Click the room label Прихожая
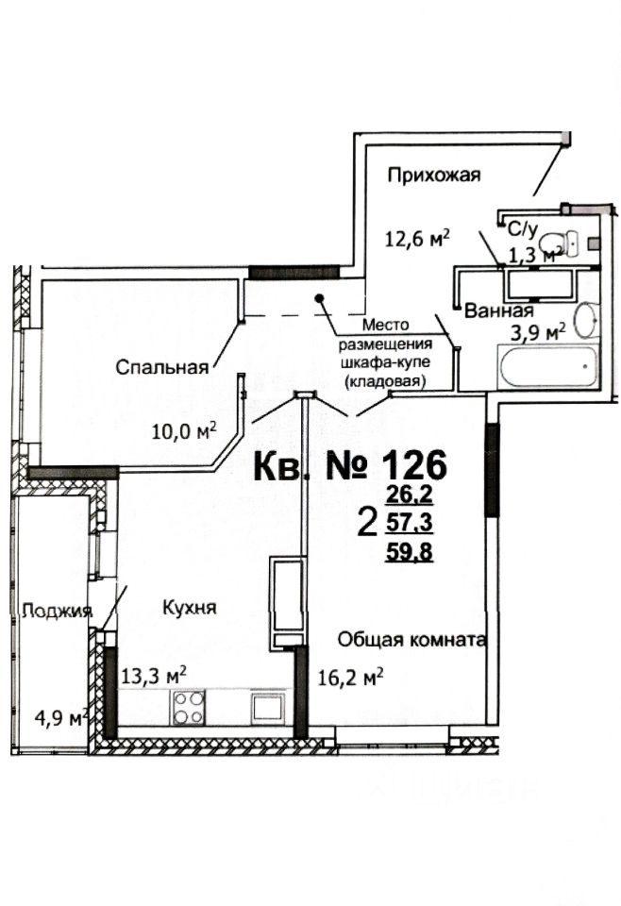click(x=435, y=174)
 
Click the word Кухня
click(x=189, y=608)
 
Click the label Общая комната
click(x=412, y=640)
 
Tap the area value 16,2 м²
click(x=351, y=676)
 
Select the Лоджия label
click(x=58, y=610)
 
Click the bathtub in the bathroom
click(x=548, y=365)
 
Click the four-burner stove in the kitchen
click(x=189, y=707)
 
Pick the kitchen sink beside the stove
click(x=262, y=707)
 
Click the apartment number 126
click(x=412, y=464)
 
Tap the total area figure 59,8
click(x=410, y=553)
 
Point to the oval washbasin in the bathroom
click(x=586, y=320)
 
